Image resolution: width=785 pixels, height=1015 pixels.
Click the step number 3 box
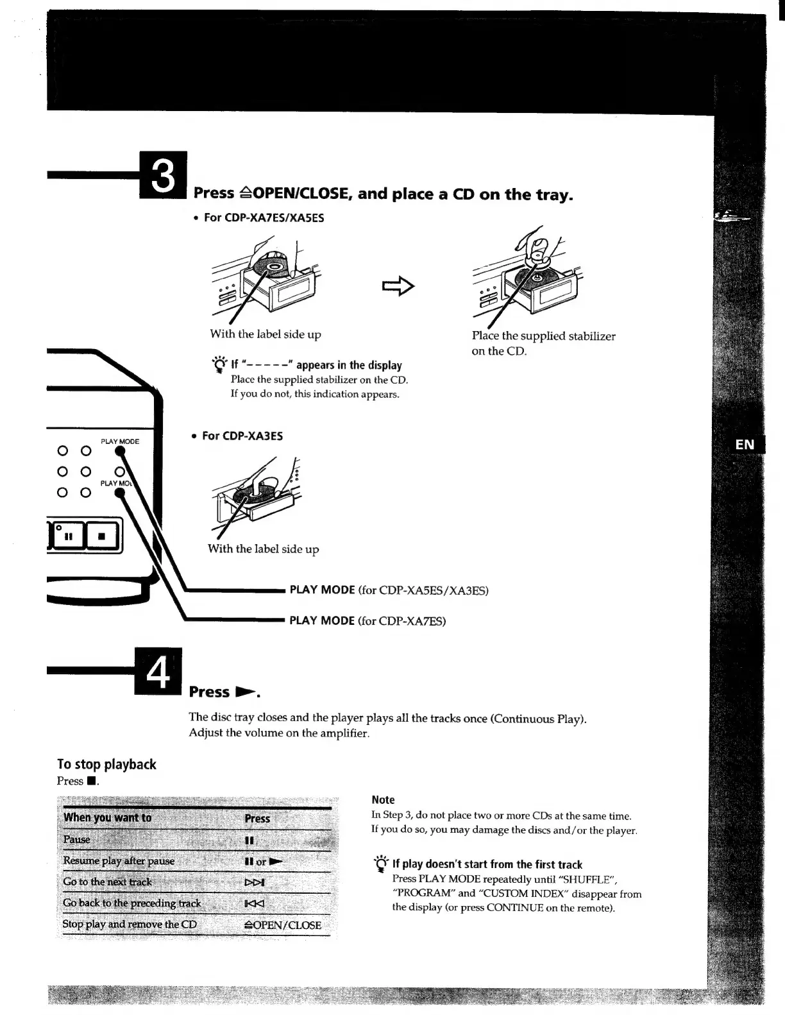pos(164,175)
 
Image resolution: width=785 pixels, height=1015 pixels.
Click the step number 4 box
pos(158,672)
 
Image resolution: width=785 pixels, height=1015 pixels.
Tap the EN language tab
pos(745,444)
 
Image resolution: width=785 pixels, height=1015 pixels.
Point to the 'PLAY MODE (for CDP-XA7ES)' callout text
pos(367,620)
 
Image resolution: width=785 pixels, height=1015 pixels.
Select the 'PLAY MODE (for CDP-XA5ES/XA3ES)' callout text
pos(389,590)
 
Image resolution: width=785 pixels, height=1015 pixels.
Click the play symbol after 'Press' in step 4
pos(246,692)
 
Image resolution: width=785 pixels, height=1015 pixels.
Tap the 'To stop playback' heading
pos(106,764)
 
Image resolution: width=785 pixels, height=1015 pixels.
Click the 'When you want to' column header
pos(107,817)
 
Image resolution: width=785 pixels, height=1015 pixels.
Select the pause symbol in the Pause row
pos(249,840)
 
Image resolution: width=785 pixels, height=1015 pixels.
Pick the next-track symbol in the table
pos(255,882)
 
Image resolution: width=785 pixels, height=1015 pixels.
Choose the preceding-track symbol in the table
pos(254,903)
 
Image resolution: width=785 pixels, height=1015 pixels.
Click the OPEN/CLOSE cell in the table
pos(283,925)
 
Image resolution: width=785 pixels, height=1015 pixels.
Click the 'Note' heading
pos(383,799)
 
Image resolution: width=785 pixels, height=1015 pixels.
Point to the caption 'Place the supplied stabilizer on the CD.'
pos(543,343)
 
